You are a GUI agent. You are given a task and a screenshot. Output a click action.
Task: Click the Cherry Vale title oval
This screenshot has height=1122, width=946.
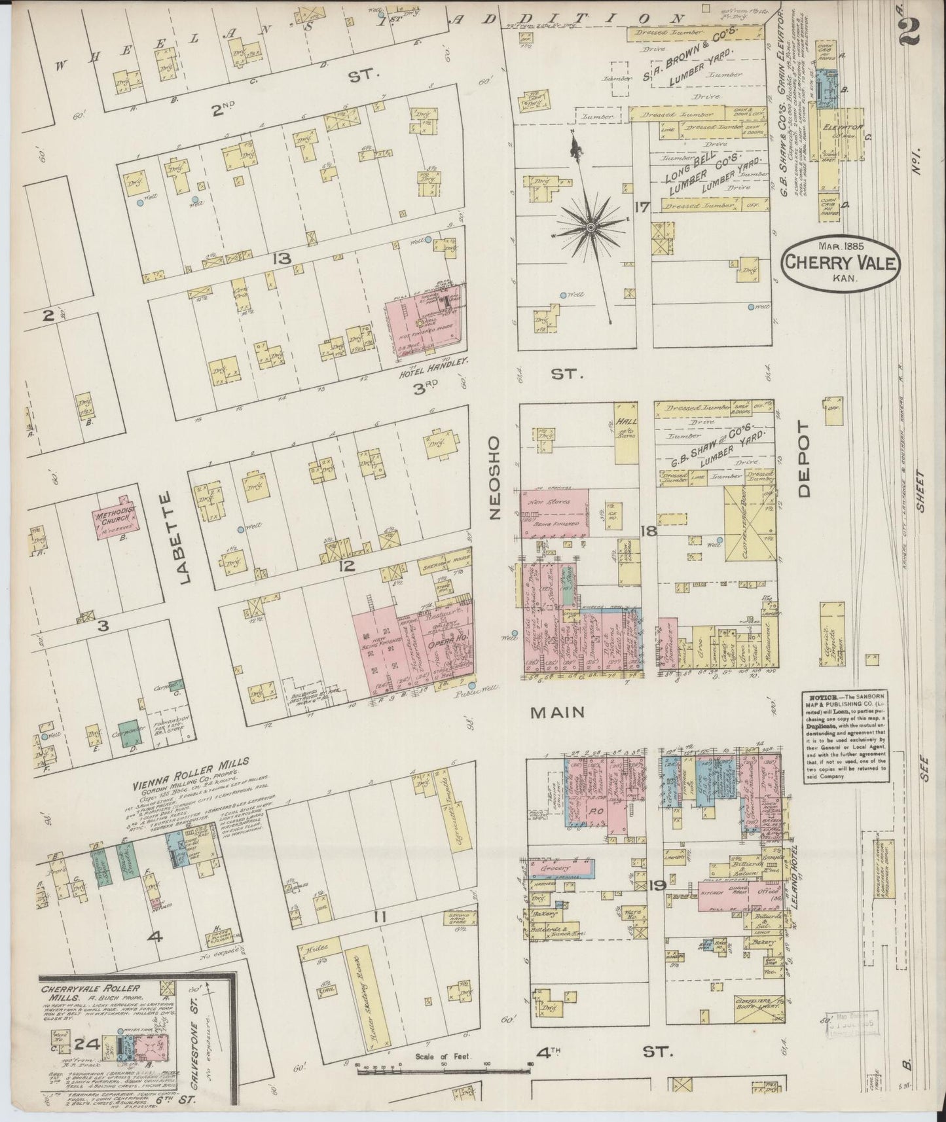coord(841,262)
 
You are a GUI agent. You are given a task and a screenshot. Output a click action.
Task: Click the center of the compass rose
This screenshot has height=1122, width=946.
coord(591,226)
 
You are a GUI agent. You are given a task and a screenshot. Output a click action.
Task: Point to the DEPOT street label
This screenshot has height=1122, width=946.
coord(805,458)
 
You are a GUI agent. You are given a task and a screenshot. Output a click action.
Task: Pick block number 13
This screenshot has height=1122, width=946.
coord(283,260)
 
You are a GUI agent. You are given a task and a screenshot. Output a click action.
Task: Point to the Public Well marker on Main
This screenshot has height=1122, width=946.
coord(472,685)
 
